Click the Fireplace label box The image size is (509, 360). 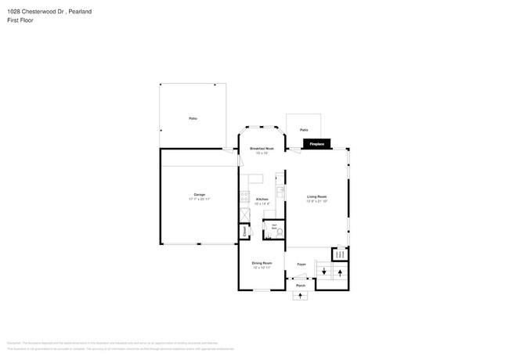pos(317,145)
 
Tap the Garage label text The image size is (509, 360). pos(200,194)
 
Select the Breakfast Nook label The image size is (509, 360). pos(262,148)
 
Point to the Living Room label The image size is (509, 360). pos(316,196)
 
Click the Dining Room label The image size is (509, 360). pos(262,263)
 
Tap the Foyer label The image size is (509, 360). pos(301,265)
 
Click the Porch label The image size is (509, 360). pos(301,286)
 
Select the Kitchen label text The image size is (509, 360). pos(262,199)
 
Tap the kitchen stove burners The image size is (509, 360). pos(244,195)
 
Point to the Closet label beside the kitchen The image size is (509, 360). pos(244,232)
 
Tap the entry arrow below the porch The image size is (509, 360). pos(301,297)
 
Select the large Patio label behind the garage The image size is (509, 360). pos(193,118)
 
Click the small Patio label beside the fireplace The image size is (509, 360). pos(304,130)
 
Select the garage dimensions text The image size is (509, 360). pos(200,200)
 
